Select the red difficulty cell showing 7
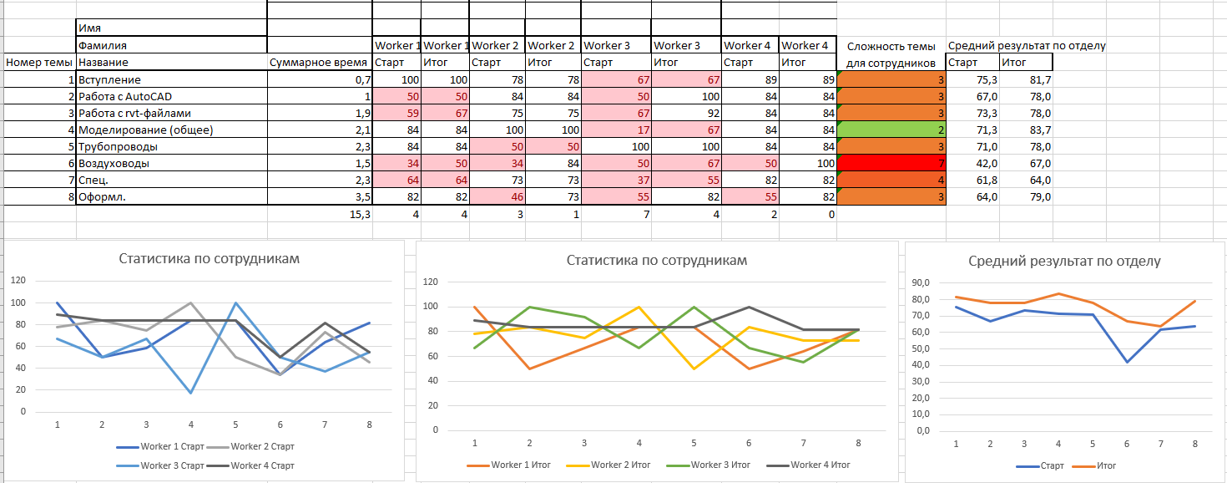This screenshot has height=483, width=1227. click(891, 163)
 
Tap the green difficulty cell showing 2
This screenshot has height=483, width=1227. click(891, 130)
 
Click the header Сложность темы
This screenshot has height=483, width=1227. click(890, 45)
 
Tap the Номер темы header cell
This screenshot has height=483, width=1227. click(38, 62)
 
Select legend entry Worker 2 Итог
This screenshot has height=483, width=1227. click(618, 465)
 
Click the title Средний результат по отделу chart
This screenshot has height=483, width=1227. click(1064, 261)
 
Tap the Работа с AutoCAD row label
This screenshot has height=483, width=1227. click(124, 96)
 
